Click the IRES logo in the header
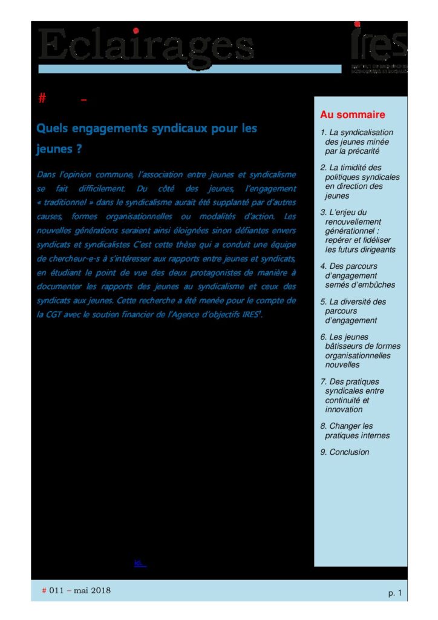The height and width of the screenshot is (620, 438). pyautogui.click(x=379, y=45)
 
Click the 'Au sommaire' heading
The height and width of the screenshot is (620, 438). pyautogui.click(x=352, y=115)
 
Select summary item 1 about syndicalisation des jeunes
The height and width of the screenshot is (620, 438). pyautogui.click(x=357, y=142)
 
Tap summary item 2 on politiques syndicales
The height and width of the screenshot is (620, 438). pyautogui.click(x=361, y=182)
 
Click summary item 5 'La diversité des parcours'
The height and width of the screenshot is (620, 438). pyautogui.click(x=355, y=311)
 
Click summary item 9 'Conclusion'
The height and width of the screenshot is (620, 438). pyautogui.click(x=345, y=452)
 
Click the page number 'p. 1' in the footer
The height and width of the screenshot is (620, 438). pyautogui.click(x=394, y=593)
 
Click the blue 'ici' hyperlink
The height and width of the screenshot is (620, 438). pyautogui.click(x=139, y=563)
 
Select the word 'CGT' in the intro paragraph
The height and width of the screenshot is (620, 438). pyautogui.click(x=51, y=315)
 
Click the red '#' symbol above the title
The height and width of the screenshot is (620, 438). pyautogui.click(x=42, y=99)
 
